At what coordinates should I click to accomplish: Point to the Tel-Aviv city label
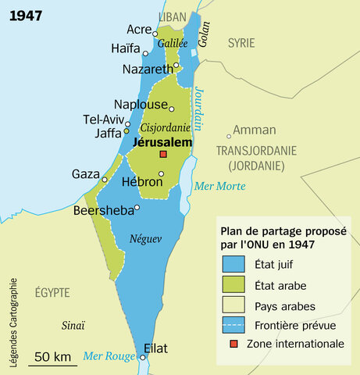[102, 120]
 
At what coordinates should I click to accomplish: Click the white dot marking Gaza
[104, 180]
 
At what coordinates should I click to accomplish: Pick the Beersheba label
[102, 209]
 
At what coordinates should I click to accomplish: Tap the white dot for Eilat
[143, 358]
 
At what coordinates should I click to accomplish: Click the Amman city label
[250, 130]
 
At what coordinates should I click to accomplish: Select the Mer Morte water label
[219, 186]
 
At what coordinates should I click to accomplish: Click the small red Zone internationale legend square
[232, 343]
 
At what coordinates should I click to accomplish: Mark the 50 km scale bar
[53, 364]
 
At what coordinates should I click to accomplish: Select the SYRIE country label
[241, 44]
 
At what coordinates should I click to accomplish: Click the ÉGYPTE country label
[52, 292]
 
